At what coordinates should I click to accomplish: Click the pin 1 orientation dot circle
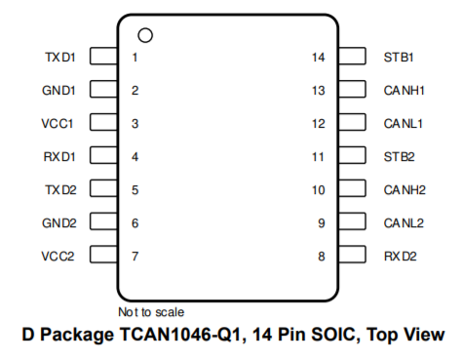click(x=145, y=28)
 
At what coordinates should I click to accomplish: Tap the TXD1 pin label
click(x=60, y=58)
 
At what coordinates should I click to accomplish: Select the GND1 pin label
click(x=58, y=91)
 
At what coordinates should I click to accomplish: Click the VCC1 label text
click(x=58, y=124)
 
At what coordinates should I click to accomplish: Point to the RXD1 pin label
click(x=59, y=157)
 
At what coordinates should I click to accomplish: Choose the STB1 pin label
click(x=399, y=58)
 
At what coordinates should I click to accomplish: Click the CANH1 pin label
click(x=404, y=91)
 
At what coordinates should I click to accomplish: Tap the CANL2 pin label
click(x=404, y=223)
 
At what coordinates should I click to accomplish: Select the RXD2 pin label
click(x=400, y=257)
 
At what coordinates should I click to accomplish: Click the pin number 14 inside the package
click(x=319, y=58)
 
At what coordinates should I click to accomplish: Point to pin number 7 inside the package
click(x=135, y=257)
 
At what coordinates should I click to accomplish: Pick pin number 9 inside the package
click(x=322, y=223)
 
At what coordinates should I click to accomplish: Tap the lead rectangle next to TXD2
click(x=103, y=188)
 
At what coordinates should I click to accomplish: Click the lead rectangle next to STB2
click(x=352, y=155)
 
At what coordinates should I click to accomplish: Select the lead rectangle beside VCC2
click(x=103, y=254)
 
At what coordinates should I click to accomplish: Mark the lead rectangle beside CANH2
click(x=352, y=188)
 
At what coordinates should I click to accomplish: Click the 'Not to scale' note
click(x=151, y=312)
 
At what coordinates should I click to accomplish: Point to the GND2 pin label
click(x=59, y=223)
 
